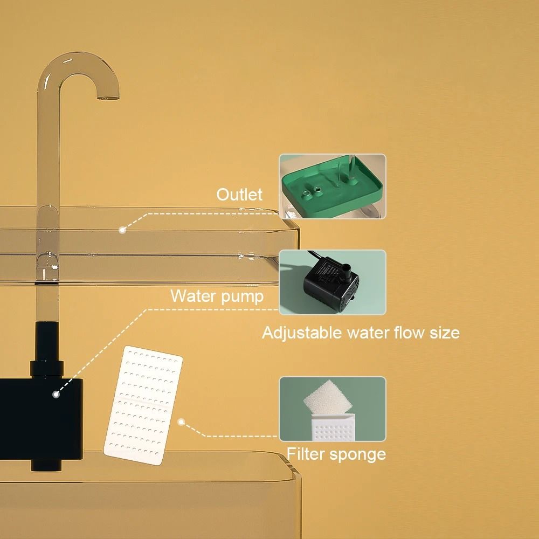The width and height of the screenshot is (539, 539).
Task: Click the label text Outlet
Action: [239, 195]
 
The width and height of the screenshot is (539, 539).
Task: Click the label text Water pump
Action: [217, 296]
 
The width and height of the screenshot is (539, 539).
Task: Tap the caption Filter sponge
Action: [336, 454]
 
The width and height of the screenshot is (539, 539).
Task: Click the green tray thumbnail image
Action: [332, 186]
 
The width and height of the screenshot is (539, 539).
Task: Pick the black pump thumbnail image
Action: [332, 282]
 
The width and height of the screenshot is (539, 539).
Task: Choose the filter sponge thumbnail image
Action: [332, 409]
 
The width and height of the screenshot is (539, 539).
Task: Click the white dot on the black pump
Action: [56, 395]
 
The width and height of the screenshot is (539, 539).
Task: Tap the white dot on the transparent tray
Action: [122, 230]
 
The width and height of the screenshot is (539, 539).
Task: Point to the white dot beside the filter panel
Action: [181, 423]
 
